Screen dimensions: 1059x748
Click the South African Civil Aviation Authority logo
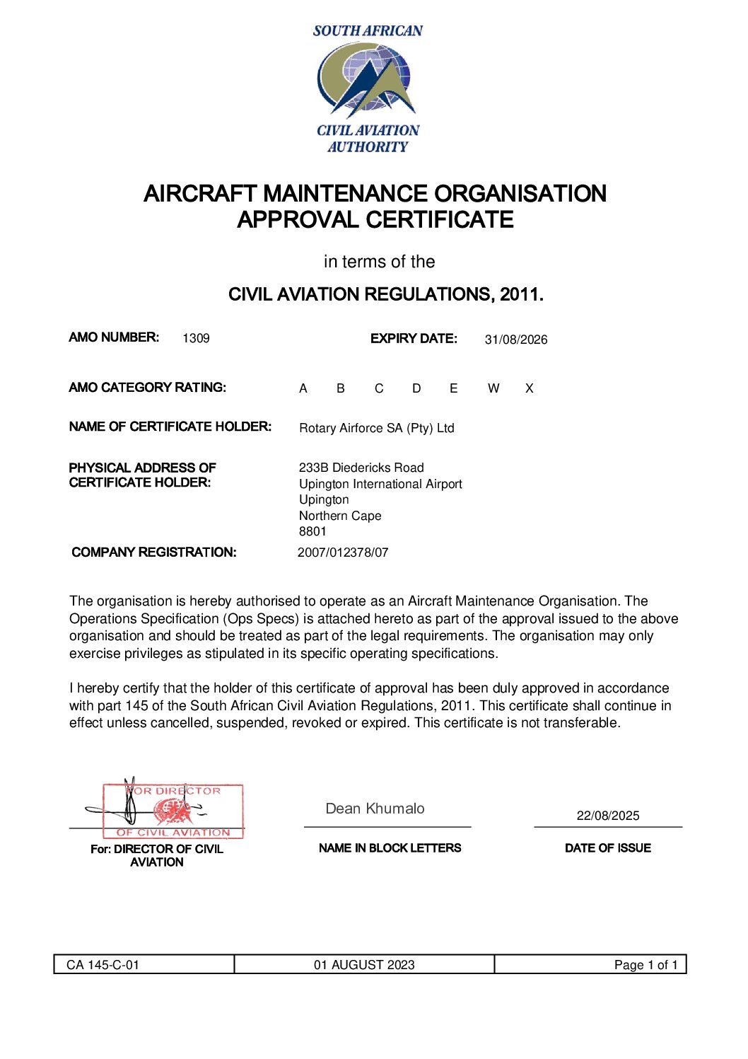(368, 88)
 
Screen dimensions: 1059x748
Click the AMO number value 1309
(196, 338)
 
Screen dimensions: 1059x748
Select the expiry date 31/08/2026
(516, 340)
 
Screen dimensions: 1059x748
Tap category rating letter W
(493, 388)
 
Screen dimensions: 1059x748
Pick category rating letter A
(303, 388)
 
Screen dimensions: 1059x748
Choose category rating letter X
(529, 388)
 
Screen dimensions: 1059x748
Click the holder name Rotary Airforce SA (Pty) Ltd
(376, 428)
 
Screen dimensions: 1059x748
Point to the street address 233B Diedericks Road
(361, 468)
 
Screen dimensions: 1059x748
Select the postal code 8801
(312, 531)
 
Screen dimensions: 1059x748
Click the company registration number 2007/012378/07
(343, 552)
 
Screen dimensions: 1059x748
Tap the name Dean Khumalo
(375, 809)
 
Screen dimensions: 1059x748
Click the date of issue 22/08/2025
(607, 816)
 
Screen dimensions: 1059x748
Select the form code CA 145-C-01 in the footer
(103, 965)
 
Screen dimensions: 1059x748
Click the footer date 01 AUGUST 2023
(364, 965)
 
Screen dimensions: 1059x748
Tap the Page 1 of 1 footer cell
(645, 965)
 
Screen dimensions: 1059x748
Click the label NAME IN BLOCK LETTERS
(390, 848)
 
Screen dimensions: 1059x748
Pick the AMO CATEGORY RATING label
(147, 388)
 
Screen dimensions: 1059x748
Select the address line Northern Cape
(340, 516)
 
